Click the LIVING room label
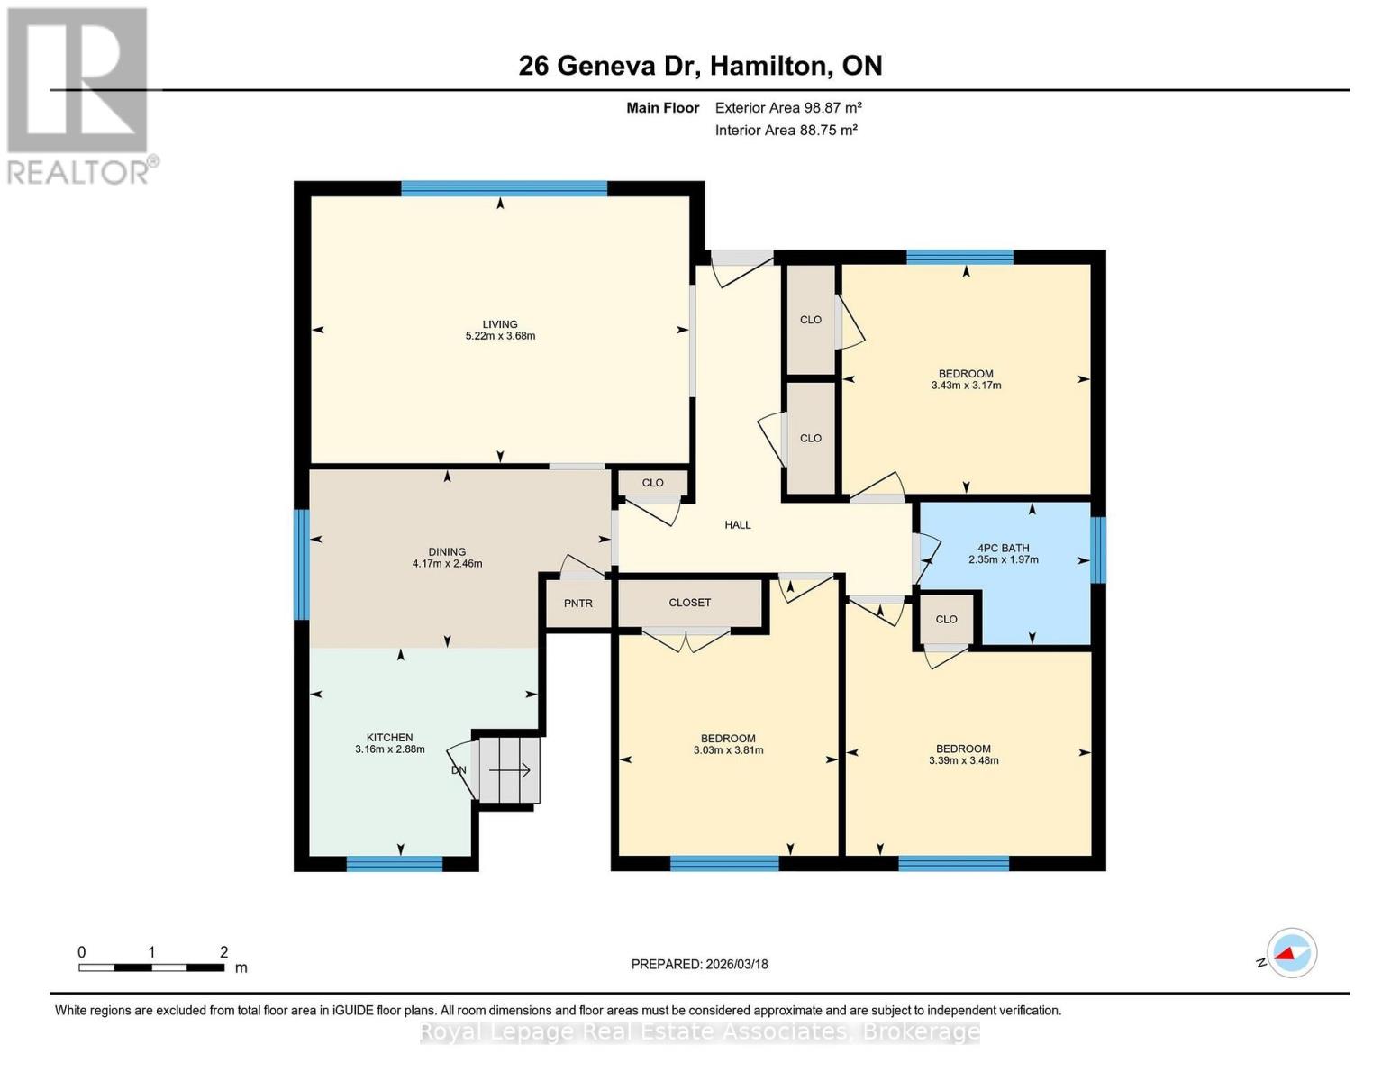pyautogui.click(x=499, y=324)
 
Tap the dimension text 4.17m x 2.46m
pyautogui.click(x=447, y=564)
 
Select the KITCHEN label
pyautogui.click(x=389, y=738)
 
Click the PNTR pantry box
pyautogui.click(x=578, y=604)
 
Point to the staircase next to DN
pyautogui.click(x=509, y=770)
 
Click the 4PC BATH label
pyautogui.click(x=1003, y=548)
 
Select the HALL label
pyautogui.click(x=737, y=525)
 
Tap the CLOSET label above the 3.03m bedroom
pyautogui.click(x=689, y=603)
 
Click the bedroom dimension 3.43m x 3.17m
pyautogui.click(x=966, y=386)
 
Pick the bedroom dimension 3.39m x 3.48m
pyautogui.click(x=963, y=760)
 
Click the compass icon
pyautogui.click(x=1292, y=952)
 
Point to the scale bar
pyautogui.click(x=151, y=967)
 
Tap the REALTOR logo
pyautogui.click(x=79, y=95)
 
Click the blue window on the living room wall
pyautogui.click(x=504, y=189)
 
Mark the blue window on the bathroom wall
pyautogui.click(x=1097, y=549)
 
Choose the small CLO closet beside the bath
pyautogui.click(x=946, y=620)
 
